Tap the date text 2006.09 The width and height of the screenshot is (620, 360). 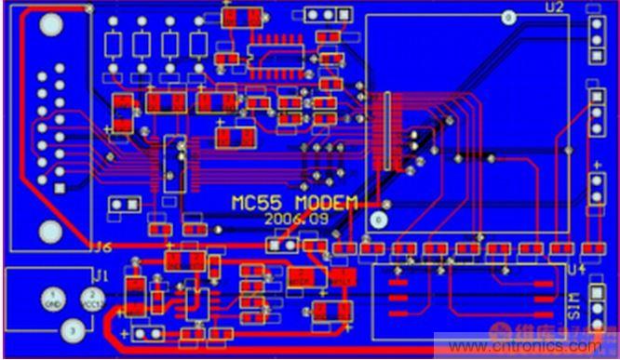290,220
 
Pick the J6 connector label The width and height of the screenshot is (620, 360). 101,247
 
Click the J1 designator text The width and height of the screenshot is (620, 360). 101,275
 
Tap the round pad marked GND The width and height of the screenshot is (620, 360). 53,300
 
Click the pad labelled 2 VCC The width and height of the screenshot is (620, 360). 92,300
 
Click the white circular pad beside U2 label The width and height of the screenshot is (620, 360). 508,17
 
